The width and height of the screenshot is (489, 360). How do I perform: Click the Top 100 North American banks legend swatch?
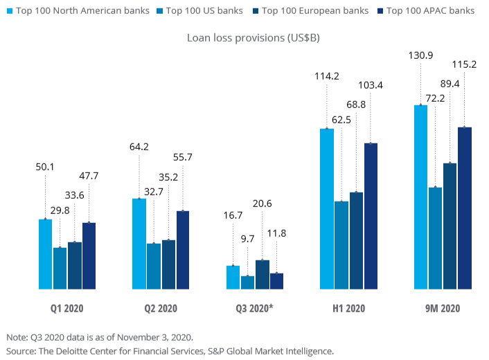[8, 11]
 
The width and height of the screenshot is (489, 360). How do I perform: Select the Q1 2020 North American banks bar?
[45, 254]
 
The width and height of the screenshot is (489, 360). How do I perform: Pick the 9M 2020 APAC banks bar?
[464, 208]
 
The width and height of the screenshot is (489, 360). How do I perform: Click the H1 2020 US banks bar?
[341, 245]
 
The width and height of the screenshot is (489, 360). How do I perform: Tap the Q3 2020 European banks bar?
[263, 274]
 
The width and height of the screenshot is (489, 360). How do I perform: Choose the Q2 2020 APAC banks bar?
[182, 250]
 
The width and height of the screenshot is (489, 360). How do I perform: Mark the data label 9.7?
[247, 239]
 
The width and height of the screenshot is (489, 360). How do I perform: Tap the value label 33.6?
[74, 195]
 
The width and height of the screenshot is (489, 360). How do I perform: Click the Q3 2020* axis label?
[255, 308]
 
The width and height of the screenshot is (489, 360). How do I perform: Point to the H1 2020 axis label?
[348, 308]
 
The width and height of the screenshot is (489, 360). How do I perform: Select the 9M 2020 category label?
[442, 308]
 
